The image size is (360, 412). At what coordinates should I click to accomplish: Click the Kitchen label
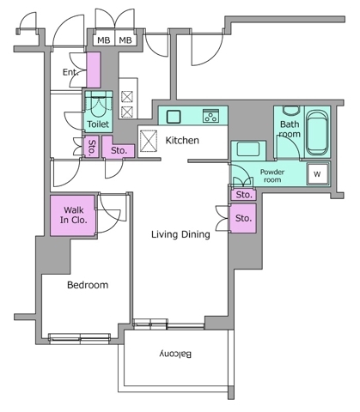click(182, 140)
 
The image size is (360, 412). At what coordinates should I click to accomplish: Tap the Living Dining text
click(180, 234)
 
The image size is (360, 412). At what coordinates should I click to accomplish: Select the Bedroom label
click(88, 285)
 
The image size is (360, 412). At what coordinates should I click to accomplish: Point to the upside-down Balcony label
click(175, 354)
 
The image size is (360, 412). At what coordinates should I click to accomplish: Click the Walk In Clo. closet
click(72, 215)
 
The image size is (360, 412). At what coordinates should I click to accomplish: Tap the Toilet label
click(98, 124)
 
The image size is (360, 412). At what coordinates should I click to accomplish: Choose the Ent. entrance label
click(70, 72)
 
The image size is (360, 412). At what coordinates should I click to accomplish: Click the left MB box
click(104, 40)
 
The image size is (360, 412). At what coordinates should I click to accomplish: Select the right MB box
click(125, 40)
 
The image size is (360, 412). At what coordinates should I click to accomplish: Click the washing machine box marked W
click(317, 173)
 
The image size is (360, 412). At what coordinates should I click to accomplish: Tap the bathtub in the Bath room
click(316, 132)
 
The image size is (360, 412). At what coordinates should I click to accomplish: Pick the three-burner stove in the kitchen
click(211, 116)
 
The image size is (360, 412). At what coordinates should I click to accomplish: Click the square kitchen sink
click(174, 117)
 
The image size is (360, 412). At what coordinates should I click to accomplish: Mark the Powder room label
click(272, 176)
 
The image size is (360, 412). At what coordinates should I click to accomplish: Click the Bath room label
click(290, 129)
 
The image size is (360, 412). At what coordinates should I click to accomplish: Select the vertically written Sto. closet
click(91, 147)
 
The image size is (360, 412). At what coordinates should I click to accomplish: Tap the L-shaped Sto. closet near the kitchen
click(119, 147)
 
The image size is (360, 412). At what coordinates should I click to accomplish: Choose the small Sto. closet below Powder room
click(243, 195)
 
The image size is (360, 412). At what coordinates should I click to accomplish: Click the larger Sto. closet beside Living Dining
click(243, 218)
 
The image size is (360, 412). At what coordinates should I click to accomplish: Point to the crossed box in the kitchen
click(149, 141)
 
